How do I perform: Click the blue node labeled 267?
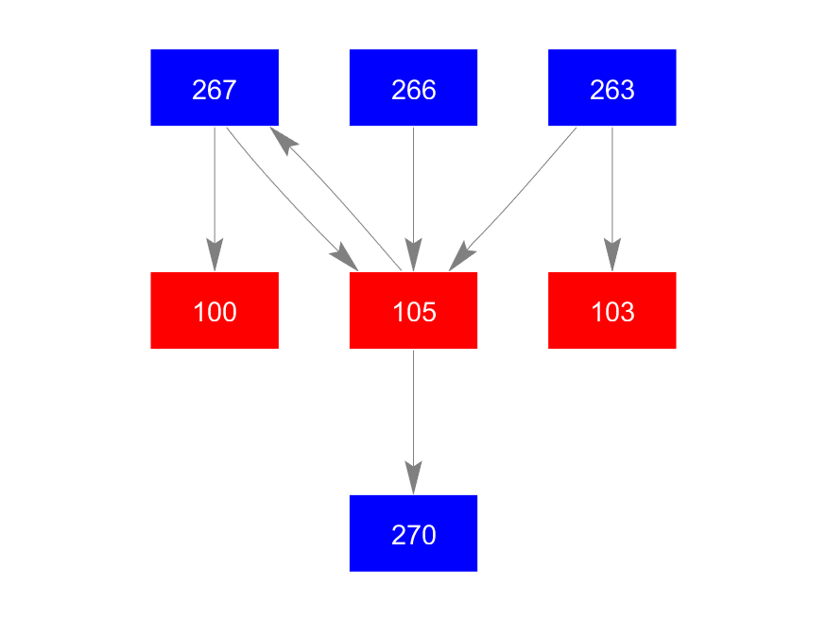pyautogui.click(x=215, y=87)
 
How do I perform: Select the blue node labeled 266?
pyautogui.click(x=413, y=87)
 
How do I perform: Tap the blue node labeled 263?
pyautogui.click(x=612, y=87)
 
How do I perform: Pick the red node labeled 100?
pyautogui.click(x=215, y=310)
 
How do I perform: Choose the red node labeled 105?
pyautogui.click(x=413, y=310)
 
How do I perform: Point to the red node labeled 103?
pyautogui.click(x=612, y=310)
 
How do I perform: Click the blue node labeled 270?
pyautogui.click(x=413, y=533)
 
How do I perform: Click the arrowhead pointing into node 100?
pyautogui.click(x=215, y=256)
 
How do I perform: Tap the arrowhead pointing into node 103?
pyautogui.click(x=612, y=256)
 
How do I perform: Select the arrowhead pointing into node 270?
pyautogui.click(x=413, y=478)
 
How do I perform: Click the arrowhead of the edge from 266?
pyautogui.click(x=413, y=256)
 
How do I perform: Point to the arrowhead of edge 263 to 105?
pyautogui.click(x=460, y=257)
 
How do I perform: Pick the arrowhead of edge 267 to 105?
pyautogui.click(x=344, y=256)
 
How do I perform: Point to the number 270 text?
pyautogui.click(x=413, y=536)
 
